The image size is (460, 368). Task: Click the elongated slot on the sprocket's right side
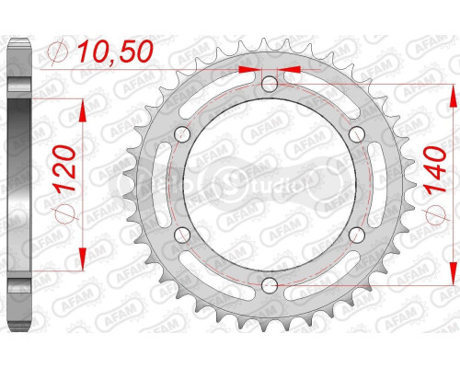[x=367, y=185]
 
